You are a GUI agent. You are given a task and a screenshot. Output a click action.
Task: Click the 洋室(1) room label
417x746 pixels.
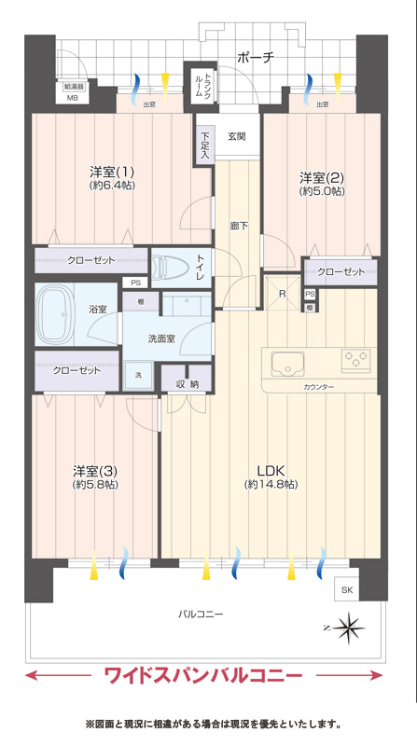113,170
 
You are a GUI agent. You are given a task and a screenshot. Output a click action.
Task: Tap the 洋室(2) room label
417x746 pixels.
322,177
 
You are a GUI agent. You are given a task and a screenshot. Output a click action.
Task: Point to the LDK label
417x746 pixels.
271,471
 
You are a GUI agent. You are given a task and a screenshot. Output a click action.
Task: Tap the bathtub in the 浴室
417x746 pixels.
56,314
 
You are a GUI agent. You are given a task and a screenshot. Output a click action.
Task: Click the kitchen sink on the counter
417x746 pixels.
288,363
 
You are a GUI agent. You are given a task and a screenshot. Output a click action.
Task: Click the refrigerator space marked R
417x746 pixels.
283,292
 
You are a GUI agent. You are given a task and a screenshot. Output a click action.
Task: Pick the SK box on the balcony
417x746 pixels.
347,590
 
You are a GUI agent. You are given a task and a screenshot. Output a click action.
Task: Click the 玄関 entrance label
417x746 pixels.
236,136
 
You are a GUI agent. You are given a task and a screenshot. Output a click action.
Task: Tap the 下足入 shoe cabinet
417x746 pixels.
203,145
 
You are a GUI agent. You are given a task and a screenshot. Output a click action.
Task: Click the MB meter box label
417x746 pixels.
72,98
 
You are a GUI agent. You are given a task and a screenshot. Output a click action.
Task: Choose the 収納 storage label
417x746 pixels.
188,384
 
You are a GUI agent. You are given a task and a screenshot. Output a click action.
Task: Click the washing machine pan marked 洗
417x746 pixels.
138,376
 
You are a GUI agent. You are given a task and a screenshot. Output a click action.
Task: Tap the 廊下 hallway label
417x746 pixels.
239,226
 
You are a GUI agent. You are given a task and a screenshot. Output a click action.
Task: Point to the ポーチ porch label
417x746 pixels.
256,58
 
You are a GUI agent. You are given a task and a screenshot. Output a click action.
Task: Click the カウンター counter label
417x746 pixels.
318,387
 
